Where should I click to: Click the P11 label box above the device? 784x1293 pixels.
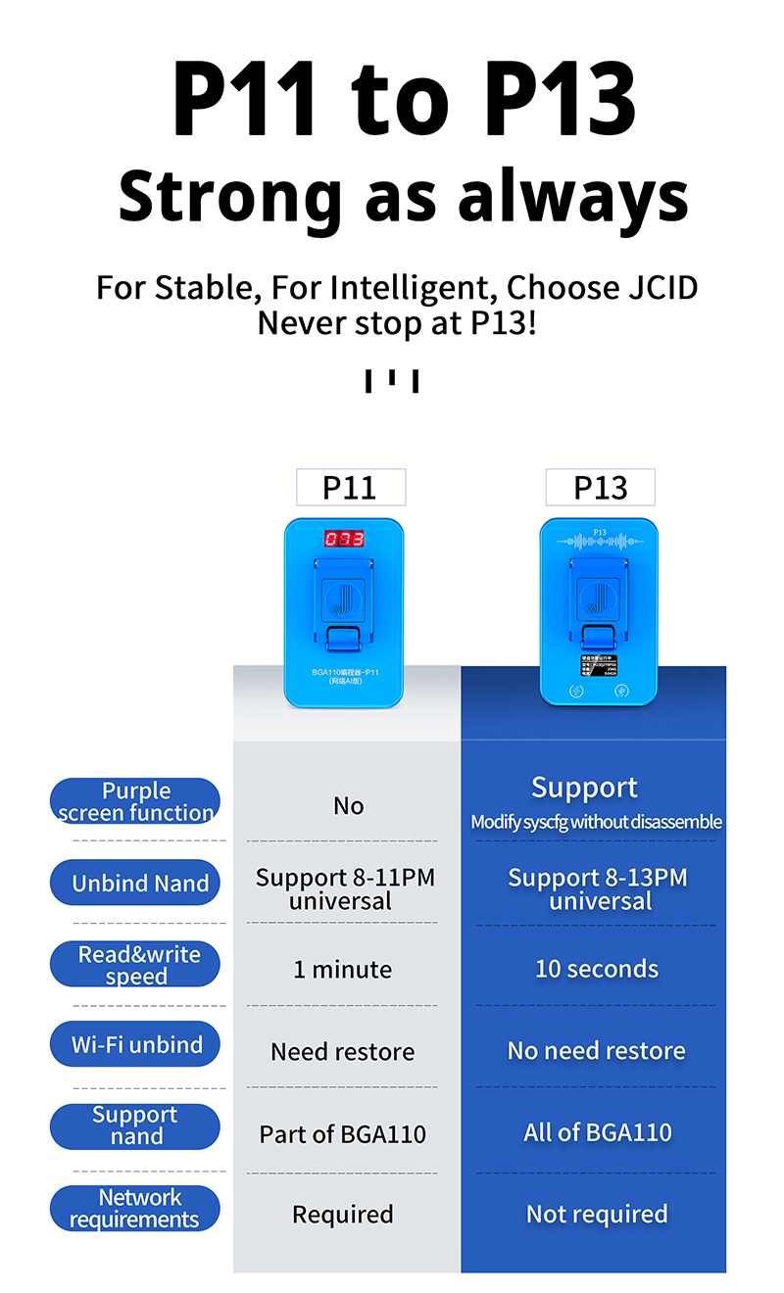[x=350, y=487]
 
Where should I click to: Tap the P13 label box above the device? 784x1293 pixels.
[x=600, y=487]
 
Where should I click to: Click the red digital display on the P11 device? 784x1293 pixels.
[x=344, y=539]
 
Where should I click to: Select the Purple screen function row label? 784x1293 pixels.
[x=135, y=801]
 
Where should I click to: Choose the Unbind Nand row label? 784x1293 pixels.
[x=135, y=883]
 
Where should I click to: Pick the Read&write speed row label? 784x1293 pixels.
[x=135, y=965]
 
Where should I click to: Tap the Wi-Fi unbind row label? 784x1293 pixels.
[x=135, y=1045]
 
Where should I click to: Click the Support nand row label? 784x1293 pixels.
[x=135, y=1125]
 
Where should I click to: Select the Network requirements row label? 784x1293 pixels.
[x=135, y=1208]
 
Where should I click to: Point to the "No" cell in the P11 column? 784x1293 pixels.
[x=348, y=806]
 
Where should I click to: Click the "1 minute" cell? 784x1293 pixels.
[x=342, y=970]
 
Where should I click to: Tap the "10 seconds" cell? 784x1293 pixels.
[x=596, y=970]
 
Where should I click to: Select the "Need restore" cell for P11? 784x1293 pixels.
[x=342, y=1052]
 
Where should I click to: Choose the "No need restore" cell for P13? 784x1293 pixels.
[x=596, y=1051]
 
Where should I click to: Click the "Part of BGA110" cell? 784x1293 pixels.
[x=342, y=1134]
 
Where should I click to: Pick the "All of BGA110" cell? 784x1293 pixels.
[x=597, y=1133]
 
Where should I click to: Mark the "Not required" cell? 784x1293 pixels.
[x=596, y=1215]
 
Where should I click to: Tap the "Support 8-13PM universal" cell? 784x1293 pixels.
[x=598, y=889]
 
